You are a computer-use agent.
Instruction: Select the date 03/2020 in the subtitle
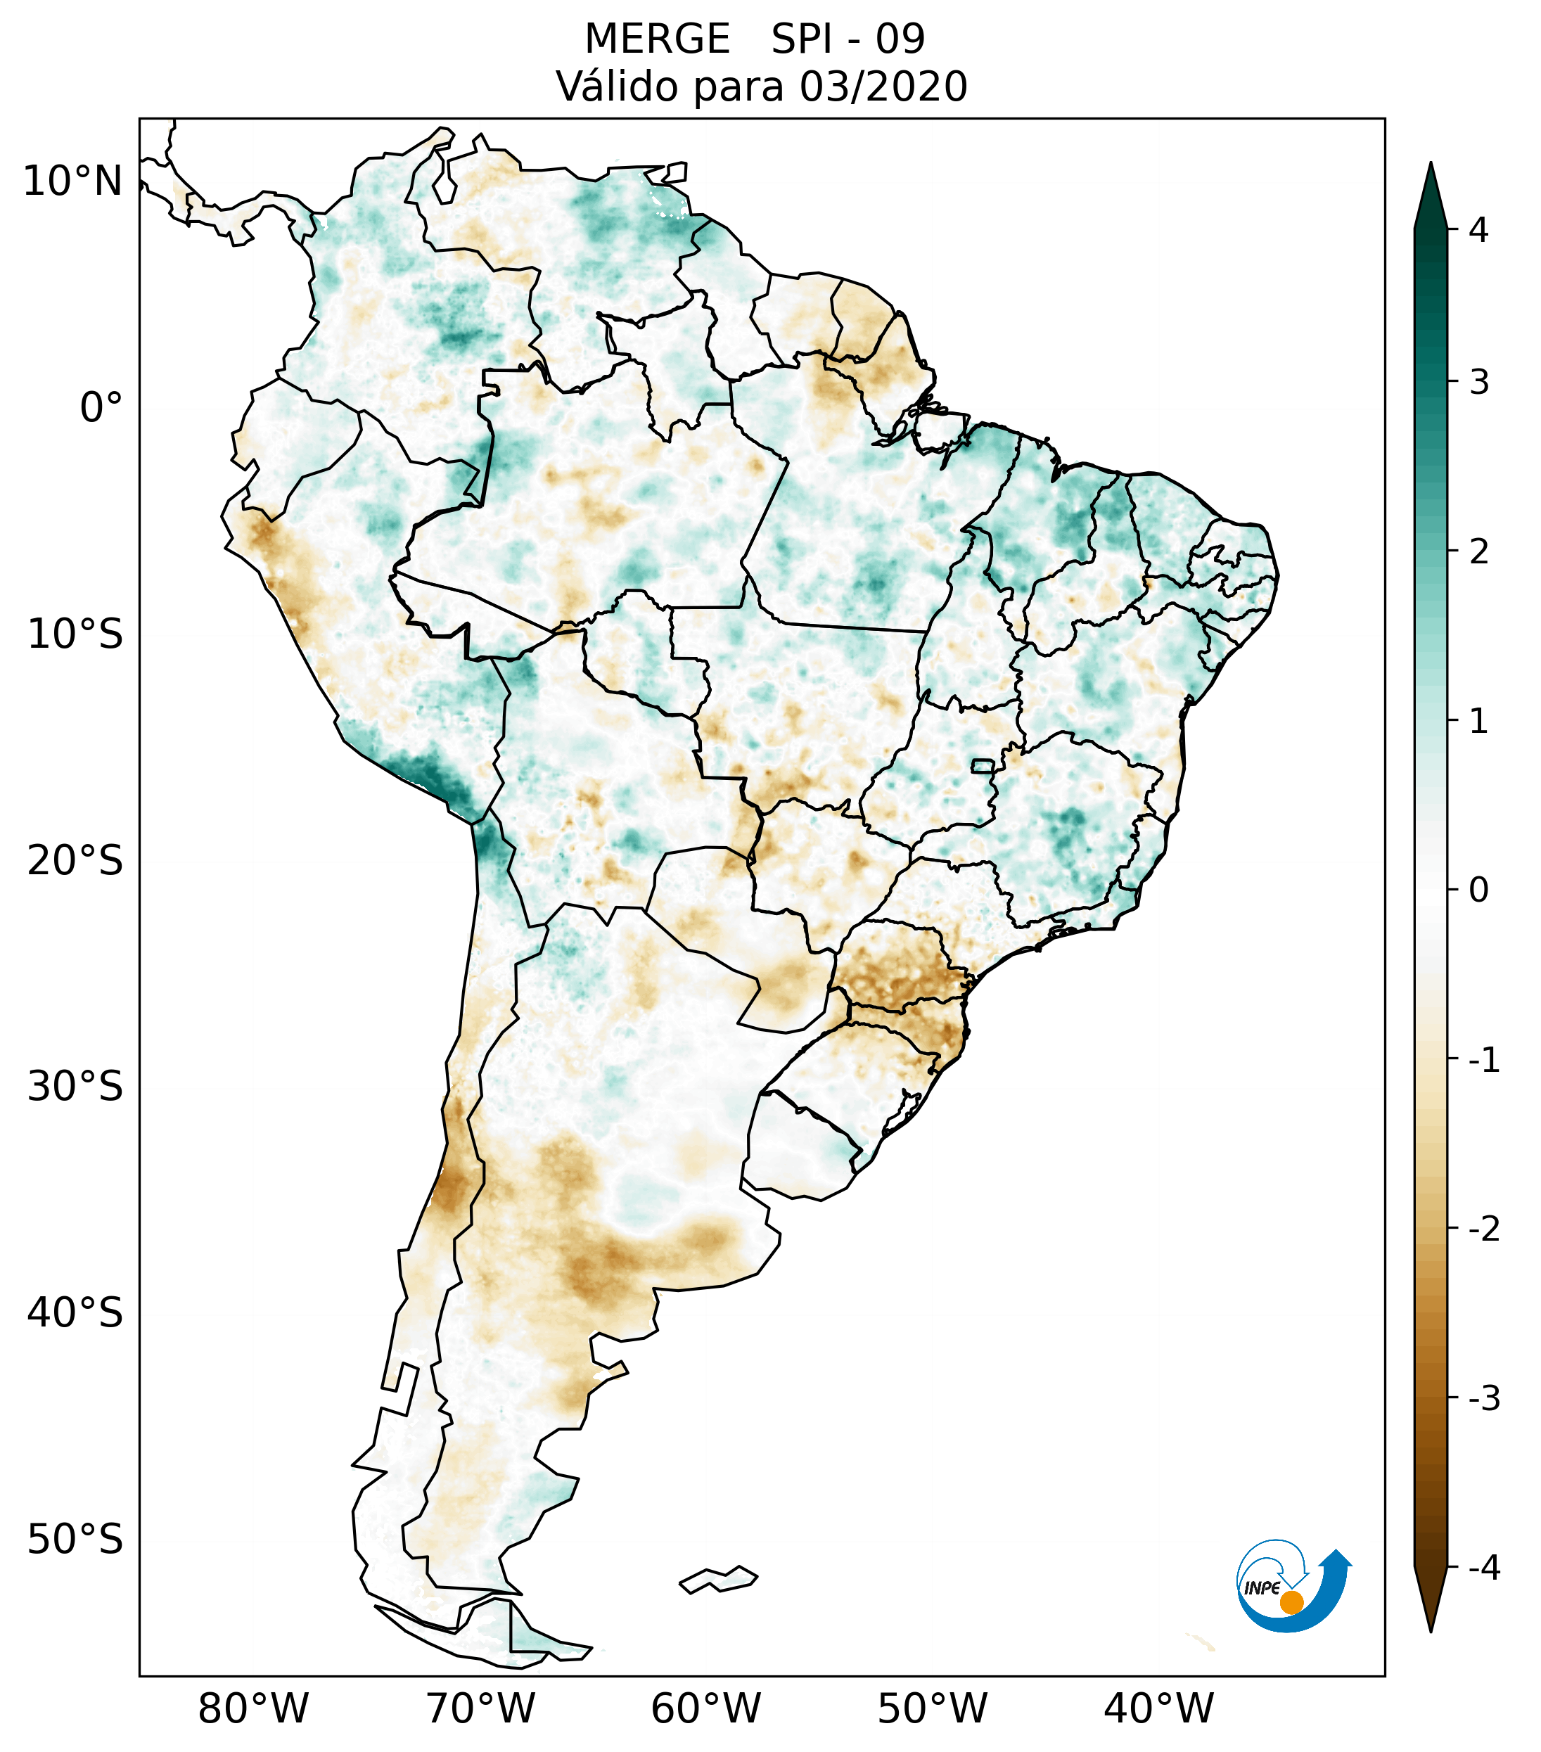pyautogui.click(x=883, y=87)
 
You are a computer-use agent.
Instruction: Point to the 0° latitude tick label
pyautogui.click(x=101, y=408)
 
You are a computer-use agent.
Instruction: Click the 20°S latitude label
pyautogui.click(x=75, y=861)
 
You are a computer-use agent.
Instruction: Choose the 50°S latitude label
pyautogui.click(x=75, y=1540)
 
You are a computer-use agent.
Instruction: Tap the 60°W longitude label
pyautogui.click(x=705, y=1708)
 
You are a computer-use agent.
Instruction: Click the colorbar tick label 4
pyautogui.click(x=1478, y=230)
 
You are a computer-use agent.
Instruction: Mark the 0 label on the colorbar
pyautogui.click(x=1478, y=890)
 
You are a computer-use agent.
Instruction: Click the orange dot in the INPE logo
pyautogui.click(x=1291, y=1602)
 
